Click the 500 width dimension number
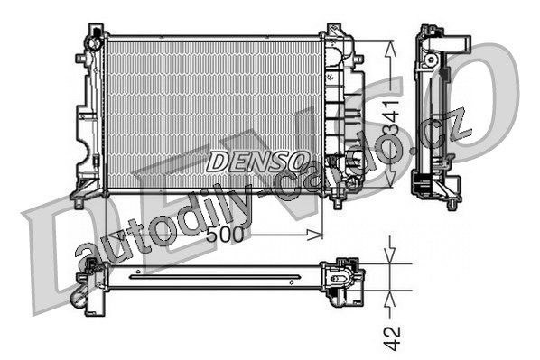click(226, 235)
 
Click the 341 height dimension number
click(391, 117)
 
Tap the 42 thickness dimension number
click(392, 338)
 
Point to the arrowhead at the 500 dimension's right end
click(315, 235)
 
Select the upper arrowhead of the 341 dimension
click(390, 48)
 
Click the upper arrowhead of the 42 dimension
click(389, 255)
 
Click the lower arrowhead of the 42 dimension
click(389, 298)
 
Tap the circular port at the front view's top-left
click(94, 43)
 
